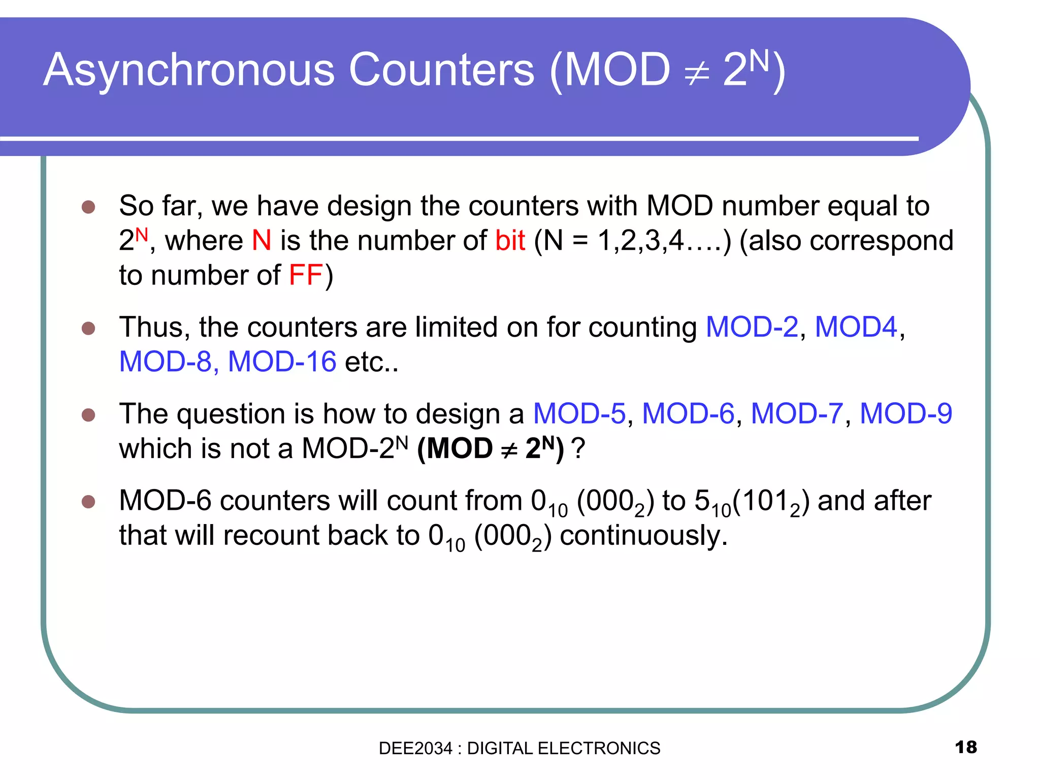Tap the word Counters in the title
point(441,70)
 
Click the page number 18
point(965,747)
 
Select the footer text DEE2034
point(415,748)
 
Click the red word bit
point(509,240)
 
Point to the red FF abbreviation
point(305,275)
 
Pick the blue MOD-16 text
point(282,362)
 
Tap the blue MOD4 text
point(856,327)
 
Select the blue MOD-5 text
point(579,413)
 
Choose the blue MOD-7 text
point(796,413)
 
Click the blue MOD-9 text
point(905,413)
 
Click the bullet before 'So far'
point(88,207)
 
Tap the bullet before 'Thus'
point(88,328)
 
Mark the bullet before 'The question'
point(88,414)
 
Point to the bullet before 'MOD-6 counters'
point(88,502)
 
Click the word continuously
point(643,536)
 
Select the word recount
point(271,536)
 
